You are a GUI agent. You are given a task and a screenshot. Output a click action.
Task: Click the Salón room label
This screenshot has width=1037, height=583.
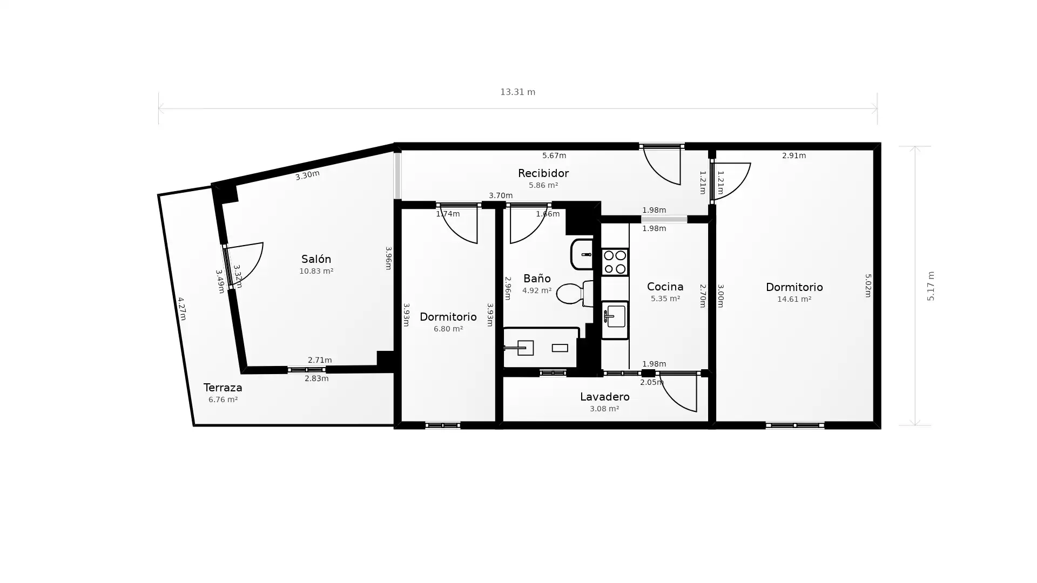pyautogui.click(x=316, y=259)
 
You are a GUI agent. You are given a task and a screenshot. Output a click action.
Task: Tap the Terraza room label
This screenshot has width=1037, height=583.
pyautogui.click(x=223, y=388)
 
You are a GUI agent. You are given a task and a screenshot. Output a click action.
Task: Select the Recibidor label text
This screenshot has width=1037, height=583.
pyautogui.click(x=543, y=173)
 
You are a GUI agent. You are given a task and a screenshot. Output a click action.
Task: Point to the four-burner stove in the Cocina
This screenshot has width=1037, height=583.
pyautogui.click(x=615, y=262)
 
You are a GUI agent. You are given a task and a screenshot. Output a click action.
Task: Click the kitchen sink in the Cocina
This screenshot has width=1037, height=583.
pyautogui.click(x=615, y=318)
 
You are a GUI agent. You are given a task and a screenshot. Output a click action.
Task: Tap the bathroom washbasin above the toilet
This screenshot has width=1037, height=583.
pyautogui.click(x=582, y=254)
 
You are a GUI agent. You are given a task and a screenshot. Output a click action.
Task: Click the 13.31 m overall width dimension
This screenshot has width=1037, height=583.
pyautogui.click(x=517, y=92)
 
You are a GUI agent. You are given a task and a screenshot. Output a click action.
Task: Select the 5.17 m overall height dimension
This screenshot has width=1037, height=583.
pyautogui.click(x=930, y=286)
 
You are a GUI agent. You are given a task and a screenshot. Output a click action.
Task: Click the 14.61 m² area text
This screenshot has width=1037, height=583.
pyautogui.click(x=794, y=299)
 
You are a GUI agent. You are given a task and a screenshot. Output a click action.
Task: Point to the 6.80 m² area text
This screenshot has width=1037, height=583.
pyautogui.click(x=448, y=329)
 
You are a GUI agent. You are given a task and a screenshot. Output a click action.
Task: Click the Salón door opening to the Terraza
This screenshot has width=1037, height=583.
pyautogui.click(x=244, y=263)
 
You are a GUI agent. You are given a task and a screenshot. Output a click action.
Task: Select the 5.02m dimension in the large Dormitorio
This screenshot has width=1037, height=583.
pyautogui.click(x=868, y=286)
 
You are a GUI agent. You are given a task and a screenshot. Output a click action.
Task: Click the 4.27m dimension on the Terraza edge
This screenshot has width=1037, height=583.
pyautogui.click(x=181, y=309)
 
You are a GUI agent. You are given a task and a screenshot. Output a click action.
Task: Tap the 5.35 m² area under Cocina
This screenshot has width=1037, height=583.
pyautogui.click(x=665, y=299)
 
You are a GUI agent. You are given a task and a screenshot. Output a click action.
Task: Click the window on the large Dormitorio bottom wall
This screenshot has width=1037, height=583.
pyautogui.click(x=794, y=425)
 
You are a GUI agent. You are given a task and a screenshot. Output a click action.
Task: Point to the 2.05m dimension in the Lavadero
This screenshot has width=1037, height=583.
pyautogui.click(x=651, y=382)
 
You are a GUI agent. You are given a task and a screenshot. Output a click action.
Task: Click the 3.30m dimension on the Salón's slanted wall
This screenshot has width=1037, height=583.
pyautogui.click(x=307, y=175)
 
